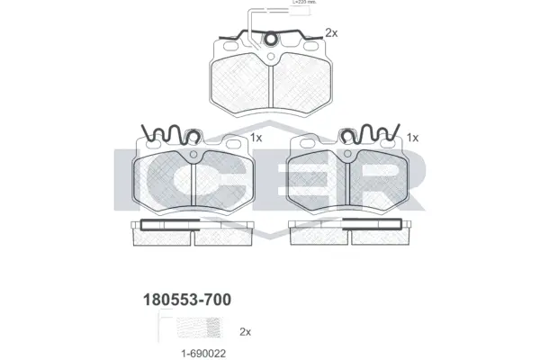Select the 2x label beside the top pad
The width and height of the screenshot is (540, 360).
(331, 33)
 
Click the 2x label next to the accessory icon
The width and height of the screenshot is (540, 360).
(246, 330)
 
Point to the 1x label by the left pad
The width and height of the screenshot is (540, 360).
(256, 138)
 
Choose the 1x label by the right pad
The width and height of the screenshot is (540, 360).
(413, 138)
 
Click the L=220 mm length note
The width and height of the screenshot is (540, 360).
(307, 4)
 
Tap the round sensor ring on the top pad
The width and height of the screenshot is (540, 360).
(269, 39)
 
